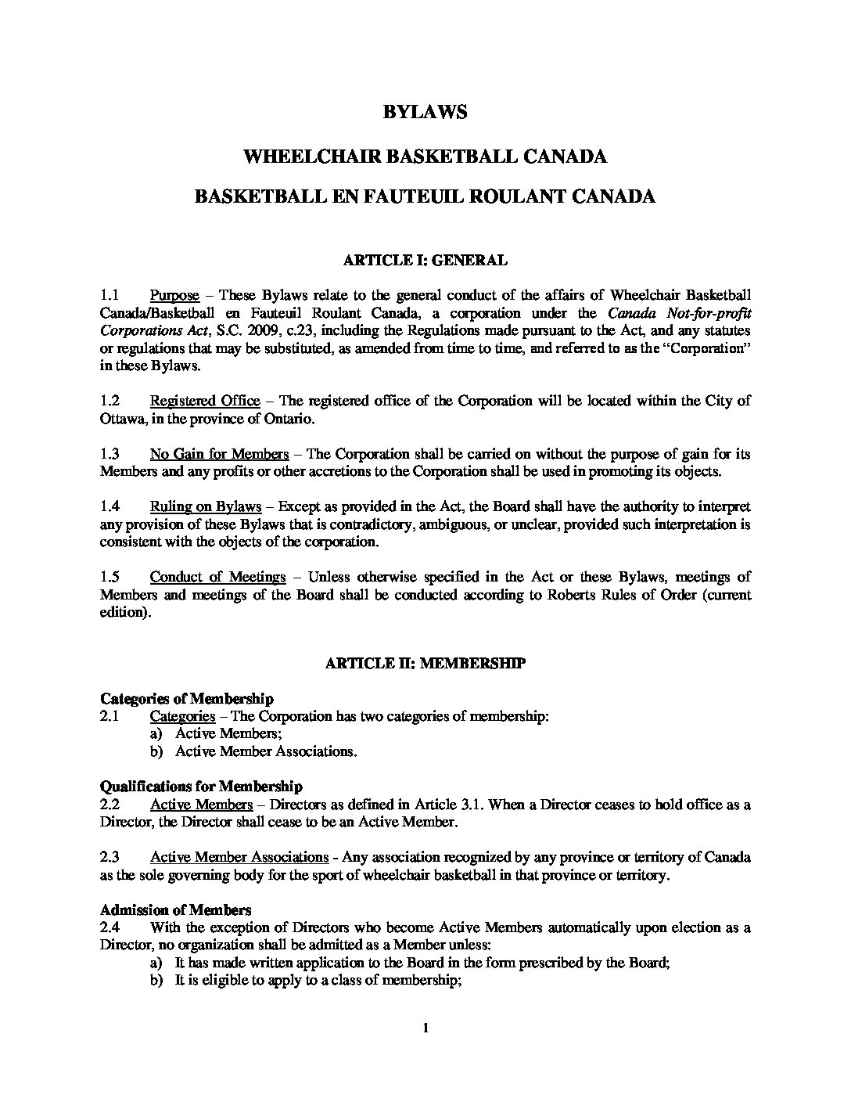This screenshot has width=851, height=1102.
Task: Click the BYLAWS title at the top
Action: tap(425, 112)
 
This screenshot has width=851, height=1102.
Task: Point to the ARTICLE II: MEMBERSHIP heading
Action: tap(425, 664)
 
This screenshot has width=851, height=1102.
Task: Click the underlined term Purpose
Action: tap(174, 295)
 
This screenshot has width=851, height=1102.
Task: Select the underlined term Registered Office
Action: tap(205, 401)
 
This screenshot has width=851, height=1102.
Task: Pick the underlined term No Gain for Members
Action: tap(220, 454)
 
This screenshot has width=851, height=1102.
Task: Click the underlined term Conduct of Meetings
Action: tap(217, 577)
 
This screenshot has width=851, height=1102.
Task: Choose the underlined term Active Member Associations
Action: tap(239, 857)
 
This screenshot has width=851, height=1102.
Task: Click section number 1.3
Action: tap(110, 454)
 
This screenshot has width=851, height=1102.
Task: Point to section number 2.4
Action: tap(110, 927)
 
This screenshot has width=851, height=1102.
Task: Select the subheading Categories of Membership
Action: tap(187, 698)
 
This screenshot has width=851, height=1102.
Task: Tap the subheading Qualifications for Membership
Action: tap(201, 786)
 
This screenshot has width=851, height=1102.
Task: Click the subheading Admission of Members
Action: tap(176, 910)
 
